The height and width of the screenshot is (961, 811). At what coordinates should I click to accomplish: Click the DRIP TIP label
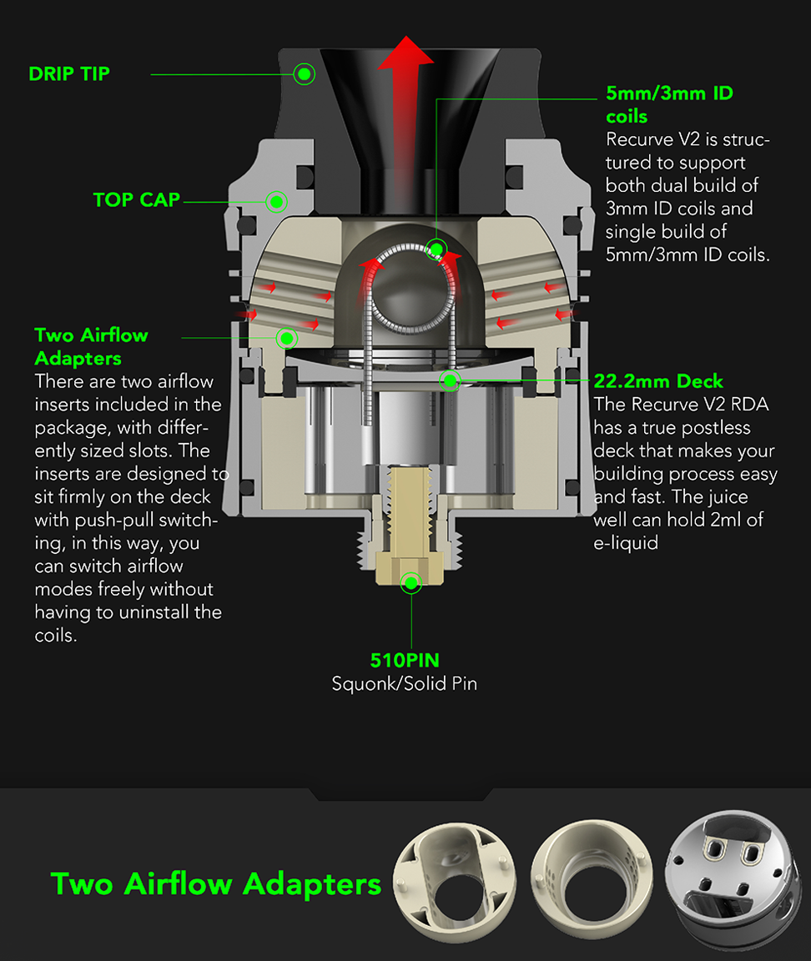point(69,74)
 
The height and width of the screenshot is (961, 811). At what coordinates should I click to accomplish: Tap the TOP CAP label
point(137,200)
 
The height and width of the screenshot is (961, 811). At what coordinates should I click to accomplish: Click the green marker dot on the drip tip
point(304,74)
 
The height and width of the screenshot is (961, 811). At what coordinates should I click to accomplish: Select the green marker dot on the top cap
point(276,202)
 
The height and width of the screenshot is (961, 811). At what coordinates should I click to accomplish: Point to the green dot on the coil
point(436,249)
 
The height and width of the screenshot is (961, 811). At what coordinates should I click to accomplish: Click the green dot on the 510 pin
point(411,582)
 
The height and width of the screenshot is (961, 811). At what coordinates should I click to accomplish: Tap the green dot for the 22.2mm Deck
point(450,381)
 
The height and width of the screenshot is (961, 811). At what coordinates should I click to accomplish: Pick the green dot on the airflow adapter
point(286,338)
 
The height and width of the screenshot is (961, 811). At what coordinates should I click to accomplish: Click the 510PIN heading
point(405,661)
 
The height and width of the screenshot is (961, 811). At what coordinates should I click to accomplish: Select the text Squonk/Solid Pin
point(405,683)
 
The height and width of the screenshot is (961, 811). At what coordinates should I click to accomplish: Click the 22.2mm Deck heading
point(658,382)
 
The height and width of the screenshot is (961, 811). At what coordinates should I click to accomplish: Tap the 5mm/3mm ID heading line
point(669,93)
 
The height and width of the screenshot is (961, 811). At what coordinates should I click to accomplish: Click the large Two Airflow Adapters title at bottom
point(216,884)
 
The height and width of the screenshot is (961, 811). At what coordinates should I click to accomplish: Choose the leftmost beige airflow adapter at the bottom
point(454,882)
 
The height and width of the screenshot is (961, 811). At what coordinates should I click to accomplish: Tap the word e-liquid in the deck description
point(626,543)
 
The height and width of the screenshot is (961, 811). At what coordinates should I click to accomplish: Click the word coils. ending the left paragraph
point(56,636)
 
